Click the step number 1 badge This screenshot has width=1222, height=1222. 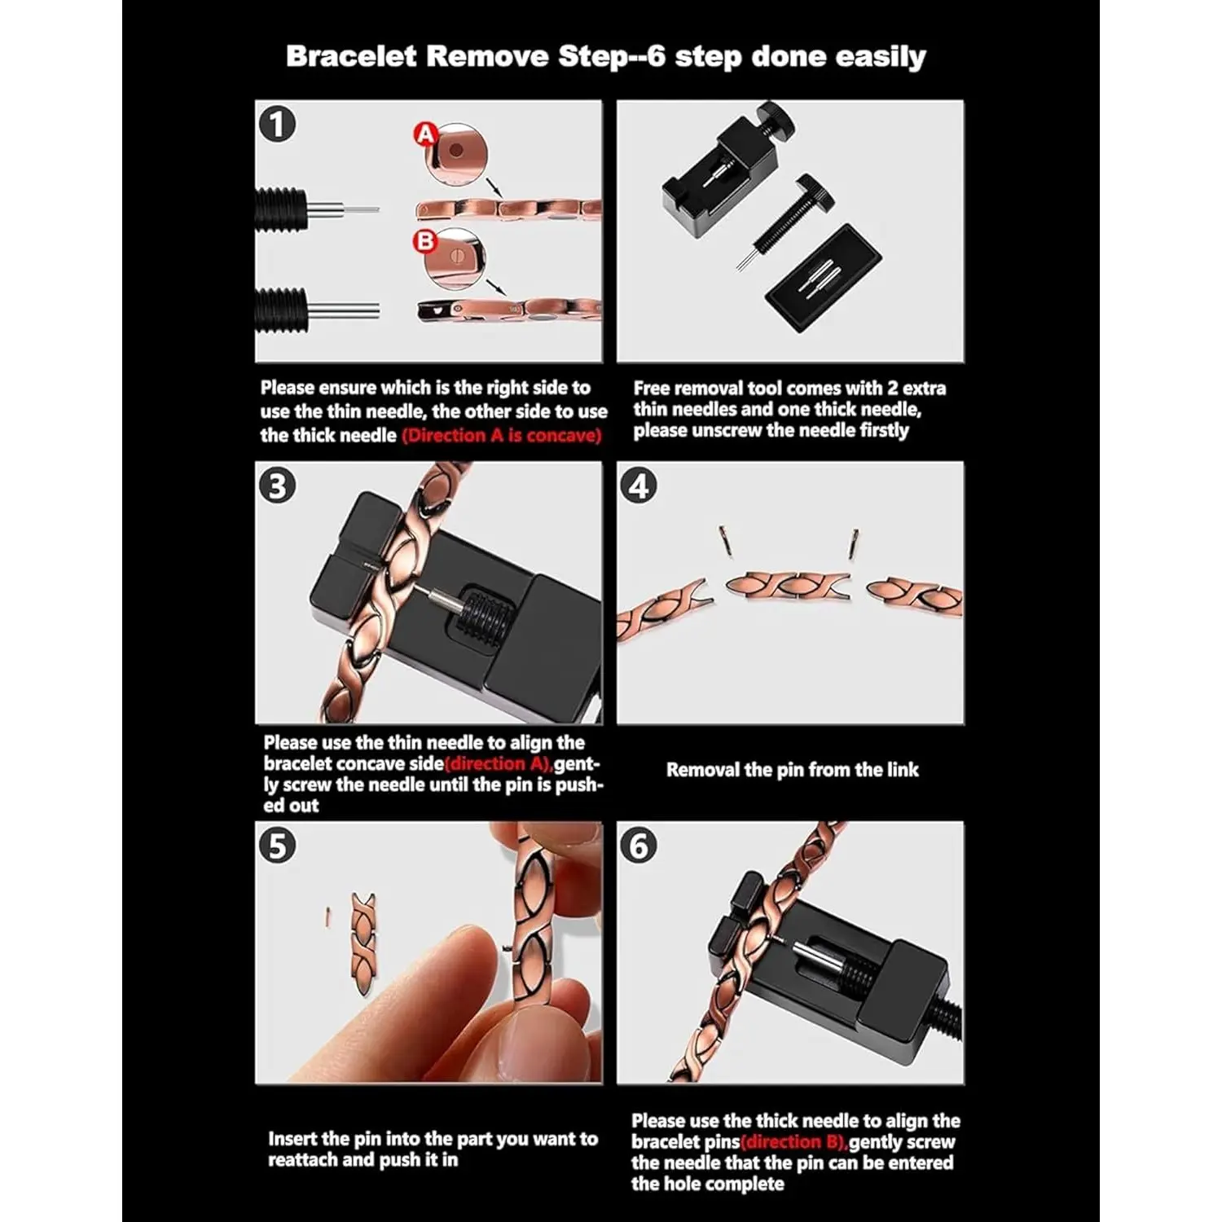click(277, 125)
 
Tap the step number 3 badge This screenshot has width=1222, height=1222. click(277, 486)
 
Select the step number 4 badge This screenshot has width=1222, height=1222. click(639, 486)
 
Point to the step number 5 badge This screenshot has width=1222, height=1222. click(277, 846)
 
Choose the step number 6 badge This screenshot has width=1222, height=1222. click(639, 846)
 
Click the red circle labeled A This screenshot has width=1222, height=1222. click(425, 134)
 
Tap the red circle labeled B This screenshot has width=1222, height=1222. click(425, 241)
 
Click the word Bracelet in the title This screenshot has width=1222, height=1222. click(351, 56)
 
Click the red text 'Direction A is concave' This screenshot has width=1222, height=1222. click(502, 435)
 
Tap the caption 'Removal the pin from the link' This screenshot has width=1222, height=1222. click(792, 770)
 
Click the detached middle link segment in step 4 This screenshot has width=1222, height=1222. click(788, 585)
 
